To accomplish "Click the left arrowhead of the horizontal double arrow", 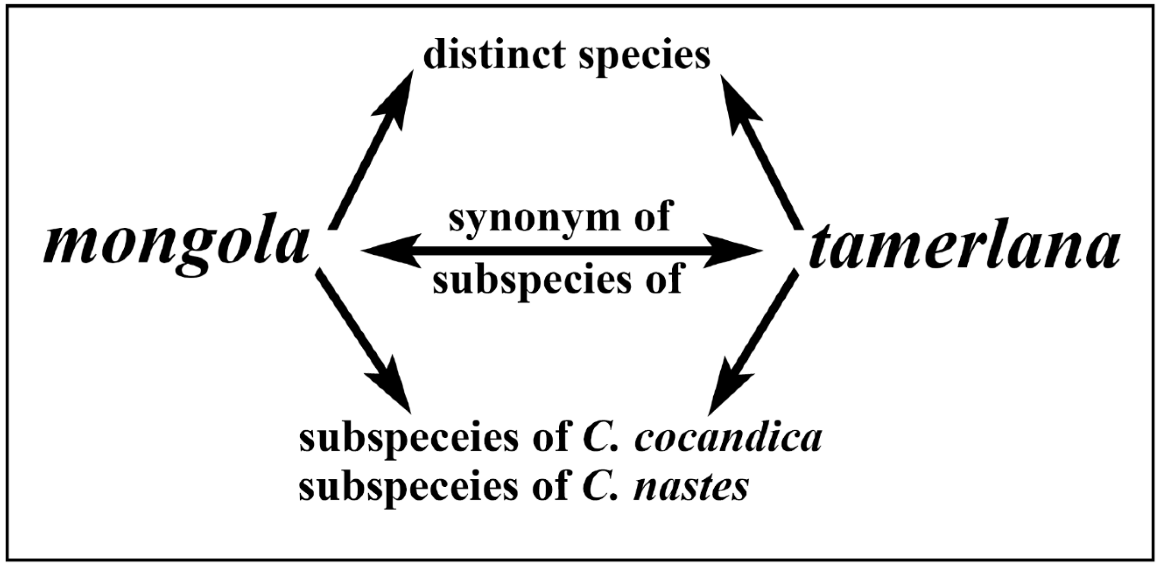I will [x=387, y=250].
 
